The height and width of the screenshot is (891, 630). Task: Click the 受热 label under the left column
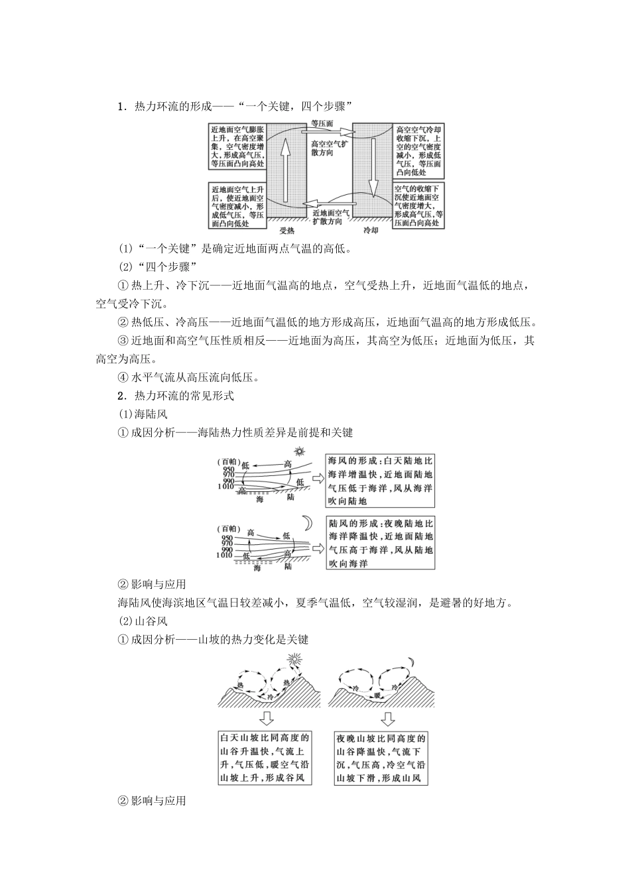pos(286,230)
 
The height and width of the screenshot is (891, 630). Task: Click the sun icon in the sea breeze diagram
pos(300,451)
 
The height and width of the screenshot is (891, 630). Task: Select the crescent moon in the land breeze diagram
pos(307,522)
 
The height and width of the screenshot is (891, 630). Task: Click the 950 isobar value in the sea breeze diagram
pos(229,468)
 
